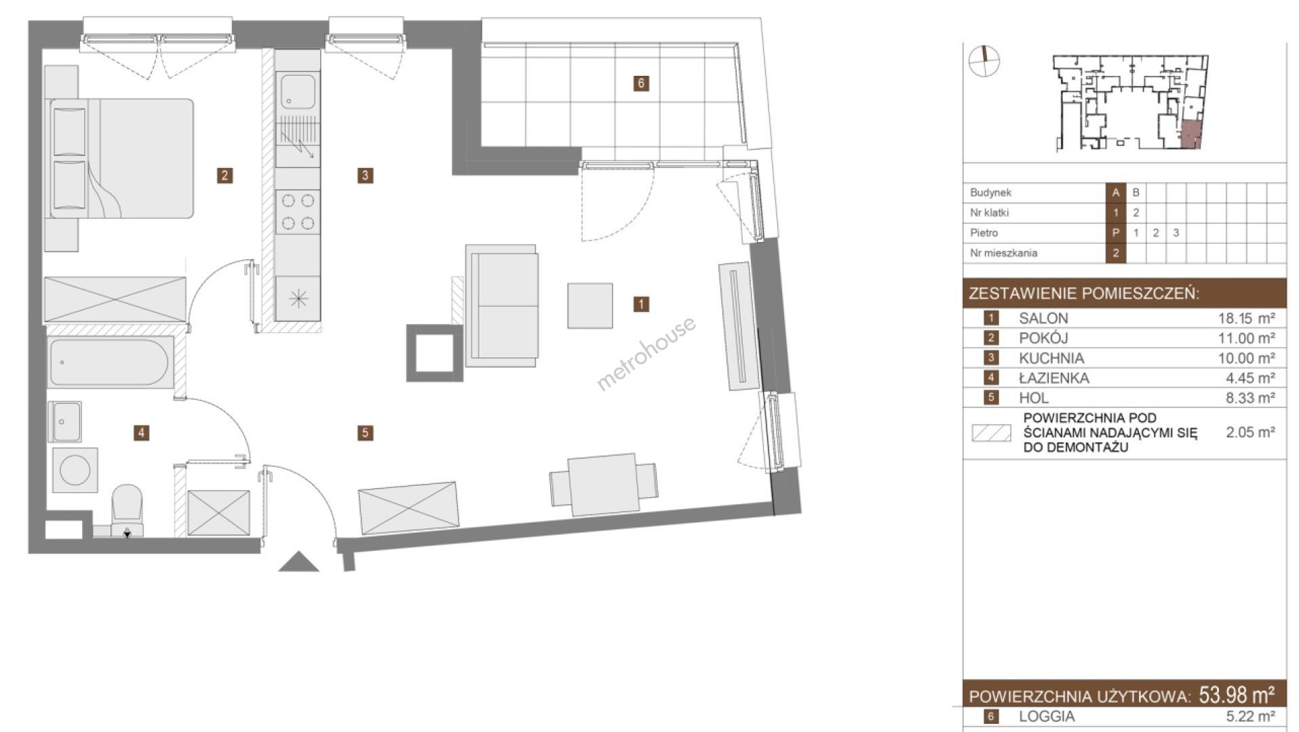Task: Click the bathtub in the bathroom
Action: click(111, 363)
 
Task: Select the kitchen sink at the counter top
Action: click(298, 92)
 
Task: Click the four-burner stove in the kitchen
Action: click(298, 211)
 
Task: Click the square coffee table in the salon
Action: click(590, 306)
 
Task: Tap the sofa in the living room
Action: click(502, 306)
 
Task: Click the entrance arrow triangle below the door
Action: click(298, 562)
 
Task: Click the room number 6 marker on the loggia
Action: click(641, 83)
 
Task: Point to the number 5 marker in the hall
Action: click(365, 432)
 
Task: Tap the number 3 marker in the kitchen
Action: click(365, 176)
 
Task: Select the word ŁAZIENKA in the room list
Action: click(1054, 378)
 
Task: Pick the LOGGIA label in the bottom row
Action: click(1047, 716)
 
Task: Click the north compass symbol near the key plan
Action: click(984, 60)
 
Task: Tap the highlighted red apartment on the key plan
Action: click(1190, 135)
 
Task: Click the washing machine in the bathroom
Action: click(75, 469)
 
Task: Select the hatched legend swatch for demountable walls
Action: click(991, 433)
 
